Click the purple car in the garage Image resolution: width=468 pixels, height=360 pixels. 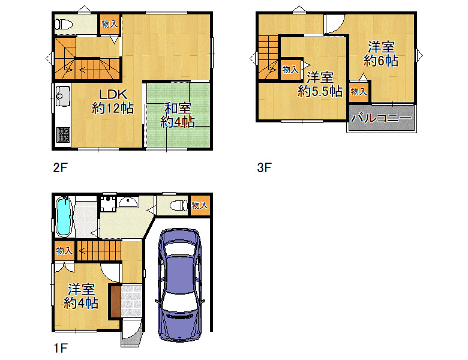[x=179, y=285]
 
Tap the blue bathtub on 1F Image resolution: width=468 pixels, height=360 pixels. [x=64, y=217]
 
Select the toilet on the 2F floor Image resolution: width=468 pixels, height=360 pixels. [x=64, y=25]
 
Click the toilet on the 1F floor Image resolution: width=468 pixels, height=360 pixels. [x=179, y=205]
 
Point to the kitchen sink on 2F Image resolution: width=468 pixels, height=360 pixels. [x=63, y=96]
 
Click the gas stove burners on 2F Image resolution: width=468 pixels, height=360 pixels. [x=63, y=134]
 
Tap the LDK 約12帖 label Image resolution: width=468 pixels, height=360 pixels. [x=113, y=101]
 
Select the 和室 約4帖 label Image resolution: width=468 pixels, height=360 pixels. [x=178, y=115]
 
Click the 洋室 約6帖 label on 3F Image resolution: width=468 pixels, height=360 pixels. [x=381, y=54]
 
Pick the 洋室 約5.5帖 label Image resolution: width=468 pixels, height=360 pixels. [x=320, y=85]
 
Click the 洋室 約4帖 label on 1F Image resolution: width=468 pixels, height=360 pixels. [x=81, y=296]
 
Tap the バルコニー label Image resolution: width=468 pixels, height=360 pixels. [x=381, y=118]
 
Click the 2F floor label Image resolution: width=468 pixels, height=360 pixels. [x=60, y=168]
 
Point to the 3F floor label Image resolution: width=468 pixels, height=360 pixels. [x=265, y=168]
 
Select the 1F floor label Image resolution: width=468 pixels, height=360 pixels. [x=61, y=348]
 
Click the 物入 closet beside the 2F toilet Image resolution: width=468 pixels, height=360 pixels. [x=110, y=24]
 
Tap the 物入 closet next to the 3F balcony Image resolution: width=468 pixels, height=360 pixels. [x=359, y=92]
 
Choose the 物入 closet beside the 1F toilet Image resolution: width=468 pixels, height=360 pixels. [x=200, y=205]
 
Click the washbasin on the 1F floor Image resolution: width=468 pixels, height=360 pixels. [x=128, y=202]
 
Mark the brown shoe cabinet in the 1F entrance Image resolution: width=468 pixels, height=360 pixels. [x=116, y=301]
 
